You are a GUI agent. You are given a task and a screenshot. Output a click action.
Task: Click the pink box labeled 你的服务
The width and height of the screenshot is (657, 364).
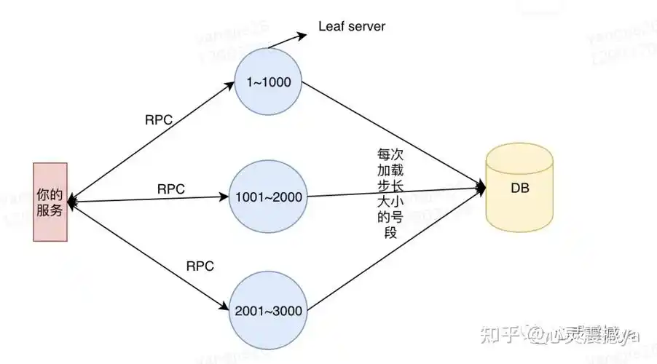(50, 202)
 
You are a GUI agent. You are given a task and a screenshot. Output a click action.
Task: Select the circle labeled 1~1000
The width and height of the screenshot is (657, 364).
(268, 82)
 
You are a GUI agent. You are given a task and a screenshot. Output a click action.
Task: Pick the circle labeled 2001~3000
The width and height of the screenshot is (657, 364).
(267, 310)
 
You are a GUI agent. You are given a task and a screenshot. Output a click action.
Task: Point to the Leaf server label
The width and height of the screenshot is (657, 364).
(352, 27)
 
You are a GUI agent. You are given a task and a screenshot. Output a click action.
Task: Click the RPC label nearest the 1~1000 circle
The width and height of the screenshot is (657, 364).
(160, 120)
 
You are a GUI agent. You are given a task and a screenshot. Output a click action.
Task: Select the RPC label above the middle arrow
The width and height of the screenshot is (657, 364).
(171, 189)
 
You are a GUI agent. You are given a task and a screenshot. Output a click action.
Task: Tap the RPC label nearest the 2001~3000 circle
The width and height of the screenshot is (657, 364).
(200, 266)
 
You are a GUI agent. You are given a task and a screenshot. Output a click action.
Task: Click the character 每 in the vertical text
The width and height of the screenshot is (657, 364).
(384, 154)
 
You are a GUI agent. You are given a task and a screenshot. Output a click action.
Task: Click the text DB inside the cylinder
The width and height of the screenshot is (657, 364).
(520, 189)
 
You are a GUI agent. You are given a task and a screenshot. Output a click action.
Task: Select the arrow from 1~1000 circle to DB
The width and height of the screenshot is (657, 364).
(393, 135)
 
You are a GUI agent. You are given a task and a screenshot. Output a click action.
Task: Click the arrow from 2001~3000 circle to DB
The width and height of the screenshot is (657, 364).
(393, 251)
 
